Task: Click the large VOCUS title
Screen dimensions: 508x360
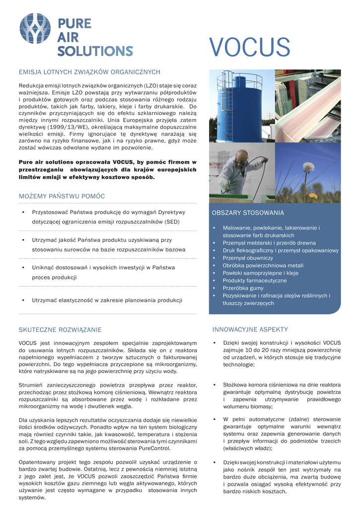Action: (249, 48)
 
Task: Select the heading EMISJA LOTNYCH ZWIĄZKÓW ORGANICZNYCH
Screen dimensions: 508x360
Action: (89, 72)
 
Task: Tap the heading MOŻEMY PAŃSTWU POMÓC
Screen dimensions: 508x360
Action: (62, 196)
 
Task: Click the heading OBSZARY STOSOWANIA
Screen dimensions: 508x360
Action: (248, 213)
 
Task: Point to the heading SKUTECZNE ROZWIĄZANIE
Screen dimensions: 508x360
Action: (60, 329)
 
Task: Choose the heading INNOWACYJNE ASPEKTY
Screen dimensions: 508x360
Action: (250, 329)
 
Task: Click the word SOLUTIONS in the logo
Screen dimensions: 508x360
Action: (95, 51)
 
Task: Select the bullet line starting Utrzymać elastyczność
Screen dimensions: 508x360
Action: (107, 300)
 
